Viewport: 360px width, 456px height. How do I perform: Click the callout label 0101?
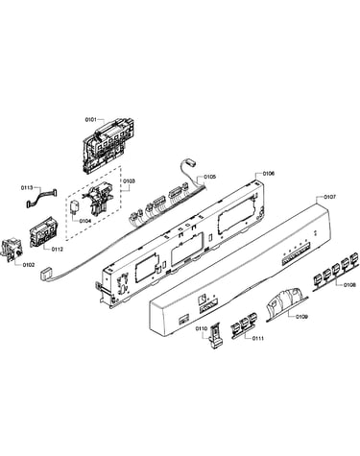point(90,120)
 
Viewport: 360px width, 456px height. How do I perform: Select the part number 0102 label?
point(29,265)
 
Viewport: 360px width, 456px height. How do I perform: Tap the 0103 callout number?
point(130,181)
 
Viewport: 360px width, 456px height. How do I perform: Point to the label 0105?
point(210,177)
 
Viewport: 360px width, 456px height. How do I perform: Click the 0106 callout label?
point(269,174)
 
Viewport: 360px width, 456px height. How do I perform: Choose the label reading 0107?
point(330,197)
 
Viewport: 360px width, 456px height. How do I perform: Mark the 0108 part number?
point(349,285)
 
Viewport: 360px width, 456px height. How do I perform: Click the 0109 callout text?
point(301,317)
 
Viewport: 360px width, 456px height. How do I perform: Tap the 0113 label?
point(27,188)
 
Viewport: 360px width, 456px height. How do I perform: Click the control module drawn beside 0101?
point(108,144)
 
